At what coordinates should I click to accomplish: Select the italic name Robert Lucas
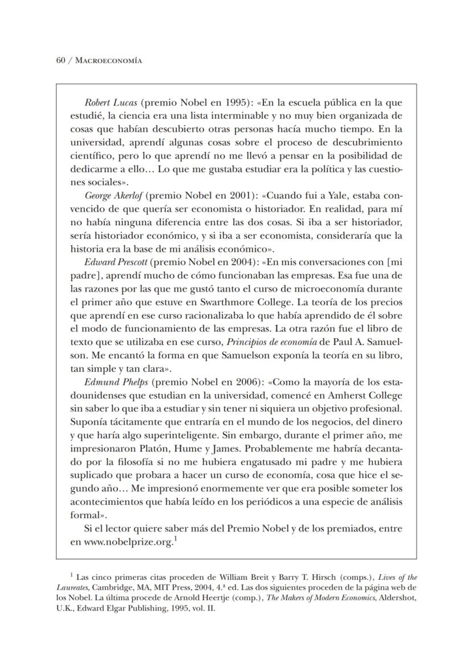click(x=110, y=103)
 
